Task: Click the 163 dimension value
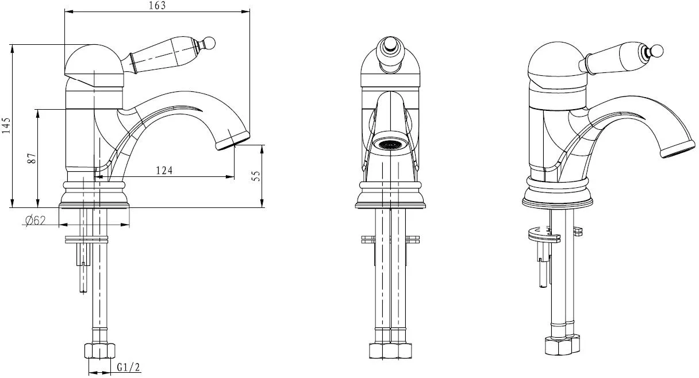[158, 6]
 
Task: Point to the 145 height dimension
[6, 125]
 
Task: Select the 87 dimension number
[32, 159]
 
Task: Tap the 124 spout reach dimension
[164, 170]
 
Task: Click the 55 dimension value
[256, 176]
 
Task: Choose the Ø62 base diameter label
[35, 221]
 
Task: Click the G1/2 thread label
[128, 368]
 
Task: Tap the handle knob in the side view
[209, 43]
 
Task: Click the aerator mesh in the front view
[389, 144]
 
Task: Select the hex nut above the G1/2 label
[100, 351]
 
